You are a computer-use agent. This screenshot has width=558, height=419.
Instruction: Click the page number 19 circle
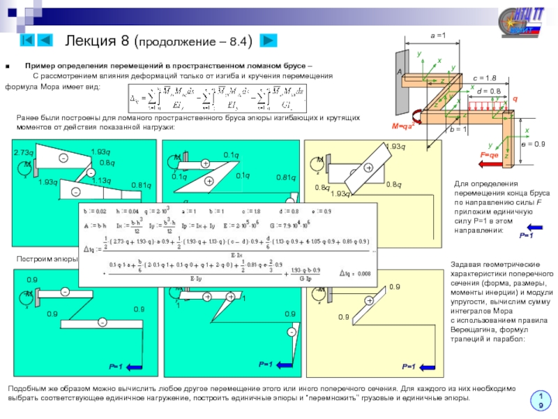[539, 400]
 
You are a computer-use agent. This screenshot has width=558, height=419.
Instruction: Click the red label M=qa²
[405, 126]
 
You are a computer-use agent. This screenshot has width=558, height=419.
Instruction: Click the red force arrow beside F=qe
[490, 165]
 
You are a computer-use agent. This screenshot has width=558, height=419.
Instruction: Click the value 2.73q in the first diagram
[23, 152]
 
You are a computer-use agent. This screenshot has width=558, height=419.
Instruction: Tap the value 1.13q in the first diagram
[102, 181]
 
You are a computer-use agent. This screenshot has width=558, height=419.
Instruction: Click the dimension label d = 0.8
[489, 91]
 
